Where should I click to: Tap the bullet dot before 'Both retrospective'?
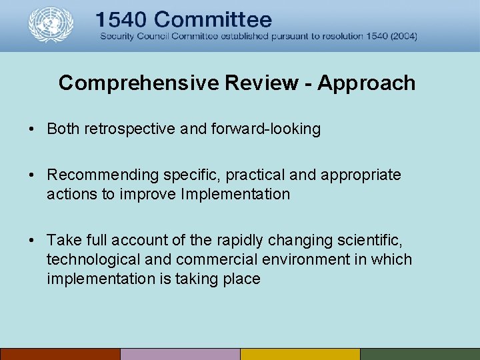32,129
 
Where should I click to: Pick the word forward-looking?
265,129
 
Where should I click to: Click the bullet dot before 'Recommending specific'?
32,175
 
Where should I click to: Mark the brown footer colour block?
60,354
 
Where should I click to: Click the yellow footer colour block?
300,354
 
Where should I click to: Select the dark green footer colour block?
420,354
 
